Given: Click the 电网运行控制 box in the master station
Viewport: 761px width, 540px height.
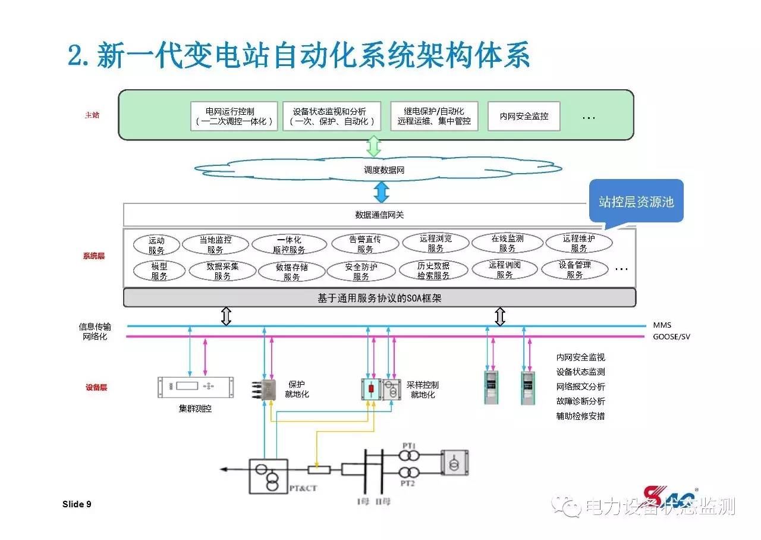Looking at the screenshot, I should point(234,116).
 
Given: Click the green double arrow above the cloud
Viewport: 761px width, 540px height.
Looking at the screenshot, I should point(373,146).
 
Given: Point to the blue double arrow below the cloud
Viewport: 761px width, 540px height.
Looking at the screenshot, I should point(381,191).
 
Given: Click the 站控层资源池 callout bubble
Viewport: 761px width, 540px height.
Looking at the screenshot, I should point(636,202).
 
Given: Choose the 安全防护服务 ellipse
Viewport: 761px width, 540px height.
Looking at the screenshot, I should point(361,271).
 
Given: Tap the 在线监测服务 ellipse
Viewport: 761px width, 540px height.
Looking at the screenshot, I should point(507,243).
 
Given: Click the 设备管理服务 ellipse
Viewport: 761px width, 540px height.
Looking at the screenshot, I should point(574,269).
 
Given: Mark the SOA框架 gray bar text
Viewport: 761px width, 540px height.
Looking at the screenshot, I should point(379,298).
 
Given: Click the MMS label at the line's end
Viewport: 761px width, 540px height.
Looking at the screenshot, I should point(662,325).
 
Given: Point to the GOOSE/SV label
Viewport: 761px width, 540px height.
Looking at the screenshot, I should point(671,337).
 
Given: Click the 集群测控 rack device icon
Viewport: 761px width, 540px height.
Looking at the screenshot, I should point(195,387).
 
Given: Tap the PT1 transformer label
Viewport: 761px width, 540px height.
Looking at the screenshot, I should point(408,445).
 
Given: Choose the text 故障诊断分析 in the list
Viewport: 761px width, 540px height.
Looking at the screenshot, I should point(580,401).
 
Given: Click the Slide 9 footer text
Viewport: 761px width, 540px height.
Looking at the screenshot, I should point(77,504).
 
